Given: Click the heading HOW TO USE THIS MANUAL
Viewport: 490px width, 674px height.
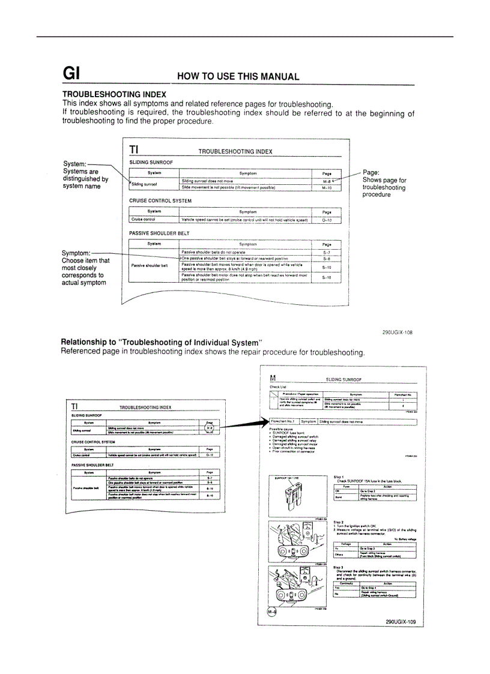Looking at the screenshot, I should click(x=238, y=76).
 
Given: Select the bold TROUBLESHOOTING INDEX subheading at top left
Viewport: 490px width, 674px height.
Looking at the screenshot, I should click(x=115, y=94).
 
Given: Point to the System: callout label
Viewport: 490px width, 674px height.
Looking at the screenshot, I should click(x=75, y=163).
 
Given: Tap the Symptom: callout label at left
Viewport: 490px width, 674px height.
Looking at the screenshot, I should click(x=76, y=253).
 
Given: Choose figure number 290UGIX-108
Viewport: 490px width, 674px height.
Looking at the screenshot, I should click(x=397, y=332).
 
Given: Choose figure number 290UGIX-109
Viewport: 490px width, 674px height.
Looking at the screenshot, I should click(x=400, y=622).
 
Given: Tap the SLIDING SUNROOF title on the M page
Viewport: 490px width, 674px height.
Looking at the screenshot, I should click(x=342, y=380).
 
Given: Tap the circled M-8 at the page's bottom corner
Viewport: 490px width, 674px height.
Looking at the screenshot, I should click(x=272, y=612).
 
